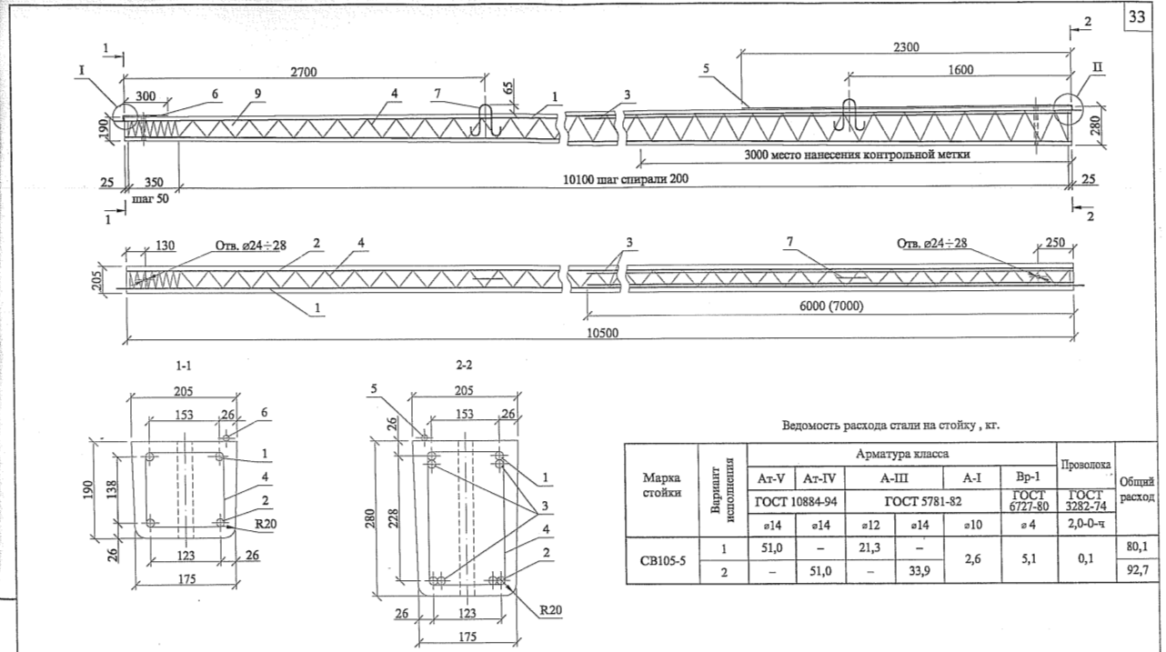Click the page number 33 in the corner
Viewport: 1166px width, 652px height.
(x=1137, y=17)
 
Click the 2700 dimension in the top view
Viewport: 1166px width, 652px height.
(x=304, y=72)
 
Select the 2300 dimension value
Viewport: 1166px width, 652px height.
(x=906, y=47)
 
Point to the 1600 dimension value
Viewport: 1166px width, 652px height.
(x=960, y=70)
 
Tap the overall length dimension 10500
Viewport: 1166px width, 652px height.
(x=603, y=333)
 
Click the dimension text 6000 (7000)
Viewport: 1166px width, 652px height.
(x=831, y=306)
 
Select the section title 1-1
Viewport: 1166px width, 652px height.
(x=183, y=366)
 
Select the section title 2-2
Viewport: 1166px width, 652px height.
(x=464, y=365)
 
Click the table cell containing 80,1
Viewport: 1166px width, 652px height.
(x=1138, y=547)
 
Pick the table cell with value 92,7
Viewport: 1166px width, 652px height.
(x=1138, y=570)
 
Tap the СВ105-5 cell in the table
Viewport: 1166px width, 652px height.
(x=663, y=560)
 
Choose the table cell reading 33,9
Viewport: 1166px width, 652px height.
(x=920, y=571)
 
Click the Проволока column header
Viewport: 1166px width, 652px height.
(x=1086, y=465)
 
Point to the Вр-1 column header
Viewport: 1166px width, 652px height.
(x=1028, y=477)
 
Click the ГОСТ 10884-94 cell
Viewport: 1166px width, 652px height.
(x=796, y=502)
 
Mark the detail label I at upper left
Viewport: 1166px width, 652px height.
(x=82, y=70)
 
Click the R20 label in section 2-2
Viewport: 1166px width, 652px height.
(x=550, y=610)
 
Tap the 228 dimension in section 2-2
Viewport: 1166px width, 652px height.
(x=394, y=518)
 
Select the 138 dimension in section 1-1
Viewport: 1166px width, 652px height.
(x=112, y=489)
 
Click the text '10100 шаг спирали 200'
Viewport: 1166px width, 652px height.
(x=625, y=179)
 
